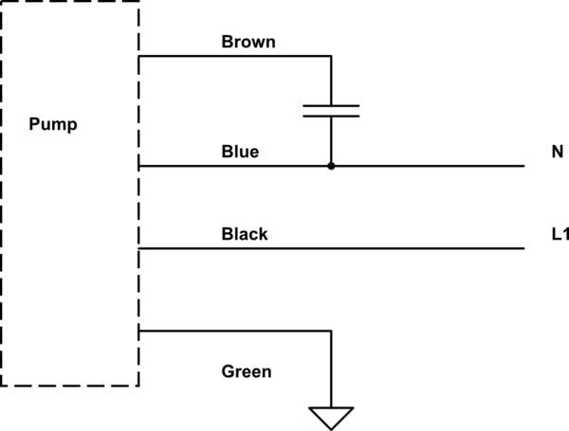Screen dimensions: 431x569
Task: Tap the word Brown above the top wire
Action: [x=248, y=42]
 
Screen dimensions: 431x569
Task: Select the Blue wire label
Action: [x=240, y=152]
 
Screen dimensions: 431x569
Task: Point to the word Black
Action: [x=244, y=234]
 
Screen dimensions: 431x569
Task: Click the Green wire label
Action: [x=246, y=371]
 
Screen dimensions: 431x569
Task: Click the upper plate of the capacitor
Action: [x=331, y=105]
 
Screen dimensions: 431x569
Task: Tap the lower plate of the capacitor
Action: [x=331, y=117]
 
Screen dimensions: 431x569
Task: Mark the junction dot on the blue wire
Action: [x=331, y=166]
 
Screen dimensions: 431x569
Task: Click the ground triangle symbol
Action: [x=331, y=417]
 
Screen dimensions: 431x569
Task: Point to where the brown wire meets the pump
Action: [x=139, y=56]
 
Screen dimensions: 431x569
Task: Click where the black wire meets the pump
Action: [x=139, y=248]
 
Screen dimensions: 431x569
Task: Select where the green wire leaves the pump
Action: [x=139, y=331]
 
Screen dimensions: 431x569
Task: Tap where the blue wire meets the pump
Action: [x=139, y=166]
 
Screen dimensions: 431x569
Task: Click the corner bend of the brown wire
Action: [x=331, y=56]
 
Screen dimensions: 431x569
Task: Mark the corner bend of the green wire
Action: [x=331, y=331]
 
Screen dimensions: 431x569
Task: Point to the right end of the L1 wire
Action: [x=523, y=248]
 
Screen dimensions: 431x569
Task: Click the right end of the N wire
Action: [x=523, y=166]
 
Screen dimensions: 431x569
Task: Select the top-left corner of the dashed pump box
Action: [x=3, y=3]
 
